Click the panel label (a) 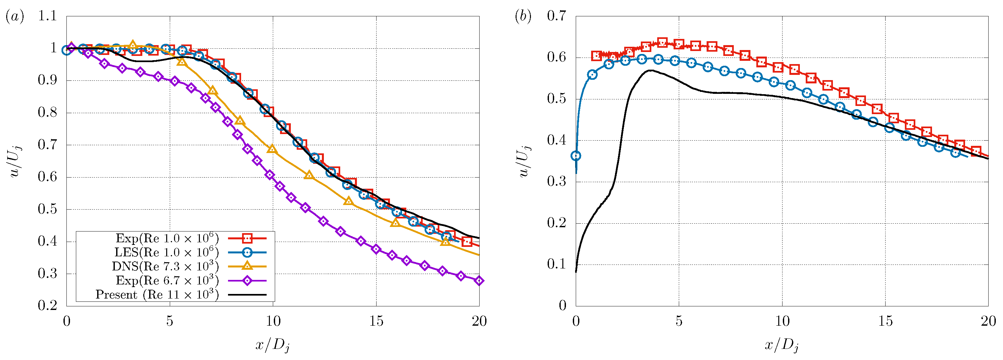[x=15, y=17]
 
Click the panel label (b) [x=523, y=17]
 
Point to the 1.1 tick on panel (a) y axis [x=47, y=16]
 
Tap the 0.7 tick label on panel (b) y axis [x=556, y=16]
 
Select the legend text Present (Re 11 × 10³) [x=157, y=295]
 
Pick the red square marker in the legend [x=247, y=238]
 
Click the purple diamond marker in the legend [x=247, y=281]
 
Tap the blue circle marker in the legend [x=247, y=252]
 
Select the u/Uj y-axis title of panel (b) [x=524, y=161]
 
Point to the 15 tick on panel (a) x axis [x=376, y=321]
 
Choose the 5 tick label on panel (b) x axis [x=679, y=321]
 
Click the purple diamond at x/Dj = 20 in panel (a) [x=479, y=281]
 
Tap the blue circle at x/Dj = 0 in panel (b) [x=576, y=156]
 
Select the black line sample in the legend [x=247, y=295]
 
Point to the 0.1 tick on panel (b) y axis [x=556, y=264]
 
